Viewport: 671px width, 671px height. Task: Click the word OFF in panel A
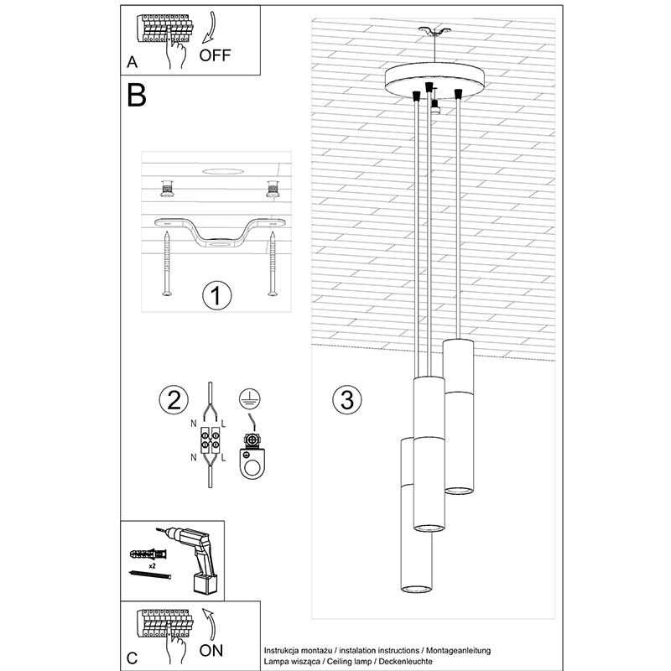[215, 55]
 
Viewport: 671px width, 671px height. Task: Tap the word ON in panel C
[211, 651]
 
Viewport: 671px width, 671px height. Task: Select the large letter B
[137, 95]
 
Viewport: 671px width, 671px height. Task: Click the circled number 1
[217, 296]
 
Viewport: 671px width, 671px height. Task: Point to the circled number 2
[174, 401]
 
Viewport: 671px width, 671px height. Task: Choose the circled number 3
[347, 400]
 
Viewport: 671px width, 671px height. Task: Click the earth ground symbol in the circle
[250, 398]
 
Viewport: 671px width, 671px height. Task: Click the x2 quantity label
[152, 565]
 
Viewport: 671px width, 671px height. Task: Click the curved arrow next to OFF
[211, 29]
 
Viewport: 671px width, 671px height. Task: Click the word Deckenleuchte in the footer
[406, 661]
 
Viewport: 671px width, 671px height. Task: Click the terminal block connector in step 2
[211, 441]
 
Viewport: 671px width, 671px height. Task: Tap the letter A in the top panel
[133, 62]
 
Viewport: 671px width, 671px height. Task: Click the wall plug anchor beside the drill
[148, 554]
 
